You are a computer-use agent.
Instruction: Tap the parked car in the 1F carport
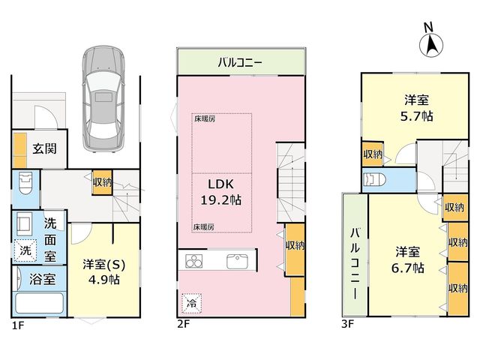pyautogui.click(x=103, y=99)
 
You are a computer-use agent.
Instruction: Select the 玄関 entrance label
pyautogui.click(x=45, y=148)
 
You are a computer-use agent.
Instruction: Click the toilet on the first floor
pyautogui.click(x=25, y=182)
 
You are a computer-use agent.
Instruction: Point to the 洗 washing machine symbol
pyautogui.click(x=25, y=250)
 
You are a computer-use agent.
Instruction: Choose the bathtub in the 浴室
pyautogui.click(x=39, y=303)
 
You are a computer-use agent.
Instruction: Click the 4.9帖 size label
pyautogui.click(x=103, y=280)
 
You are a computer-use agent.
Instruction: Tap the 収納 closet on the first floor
pyautogui.click(x=103, y=182)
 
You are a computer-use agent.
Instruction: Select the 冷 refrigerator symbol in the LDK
pyautogui.click(x=192, y=304)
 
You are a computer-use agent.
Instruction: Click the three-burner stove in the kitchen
pyautogui.click(x=194, y=262)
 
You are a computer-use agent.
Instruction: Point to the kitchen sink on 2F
pyautogui.click(x=238, y=262)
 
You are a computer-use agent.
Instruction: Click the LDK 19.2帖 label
pyautogui.click(x=220, y=192)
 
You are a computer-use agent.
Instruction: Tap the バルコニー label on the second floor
pyautogui.click(x=240, y=62)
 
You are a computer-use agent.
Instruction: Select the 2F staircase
pyautogui.click(x=291, y=183)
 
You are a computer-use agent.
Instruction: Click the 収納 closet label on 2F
pyautogui.click(x=295, y=245)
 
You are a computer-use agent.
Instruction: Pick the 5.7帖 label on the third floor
pyautogui.click(x=417, y=116)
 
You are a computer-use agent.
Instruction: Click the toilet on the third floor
pyautogui.click(x=373, y=180)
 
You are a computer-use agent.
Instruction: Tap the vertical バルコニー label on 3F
pyautogui.click(x=355, y=263)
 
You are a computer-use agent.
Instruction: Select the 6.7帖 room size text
pyautogui.click(x=408, y=268)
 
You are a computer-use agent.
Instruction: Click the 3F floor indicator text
pyautogui.click(x=348, y=324)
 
